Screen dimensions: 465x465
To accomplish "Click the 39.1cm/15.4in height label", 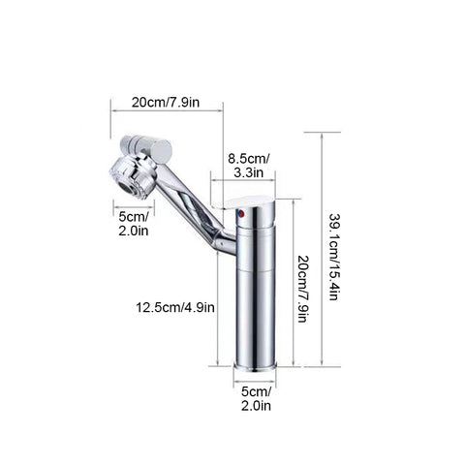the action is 333,257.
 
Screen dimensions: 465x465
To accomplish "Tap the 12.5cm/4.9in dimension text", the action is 175,307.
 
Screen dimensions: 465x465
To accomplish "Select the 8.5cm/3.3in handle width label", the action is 248,166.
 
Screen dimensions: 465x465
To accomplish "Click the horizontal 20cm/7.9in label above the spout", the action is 166,103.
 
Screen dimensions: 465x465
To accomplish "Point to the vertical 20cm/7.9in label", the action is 302,289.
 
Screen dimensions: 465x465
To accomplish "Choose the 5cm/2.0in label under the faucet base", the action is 256,399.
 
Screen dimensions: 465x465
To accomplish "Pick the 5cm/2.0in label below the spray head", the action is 134,224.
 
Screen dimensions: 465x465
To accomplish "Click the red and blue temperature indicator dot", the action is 240,213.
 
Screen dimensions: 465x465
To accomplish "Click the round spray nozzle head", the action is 133,178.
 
